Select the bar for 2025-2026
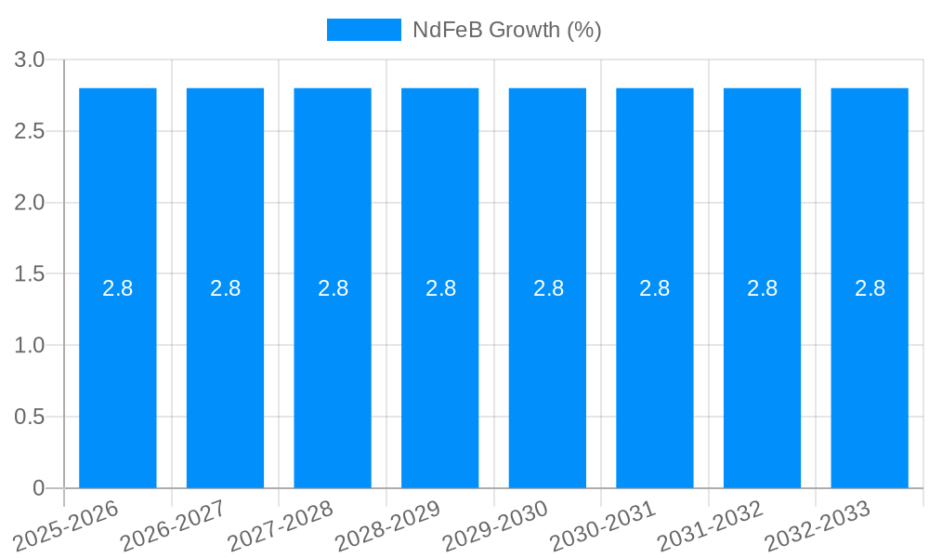click(x=118, y=372)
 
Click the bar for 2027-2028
click(x=333, y=372)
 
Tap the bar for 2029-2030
click(x=547, y=372)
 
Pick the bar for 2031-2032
click(x=762, y=372)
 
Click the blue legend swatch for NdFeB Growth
click(x=363, y=30)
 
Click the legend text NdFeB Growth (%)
click(x=507, y=30)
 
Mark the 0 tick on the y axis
click(x=38, y=488)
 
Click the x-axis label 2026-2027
click(x=174, y=525)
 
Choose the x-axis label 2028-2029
click(x=388, y=525)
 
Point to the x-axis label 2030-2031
click(x=603, y=525)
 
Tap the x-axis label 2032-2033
click(x=818, y=525)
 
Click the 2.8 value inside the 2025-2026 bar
click(x=118, y=288)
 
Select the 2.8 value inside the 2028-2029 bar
click(x=440, y=288)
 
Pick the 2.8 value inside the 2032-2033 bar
click(x=870, y=288)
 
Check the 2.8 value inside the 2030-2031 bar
click(x=655, y=288)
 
